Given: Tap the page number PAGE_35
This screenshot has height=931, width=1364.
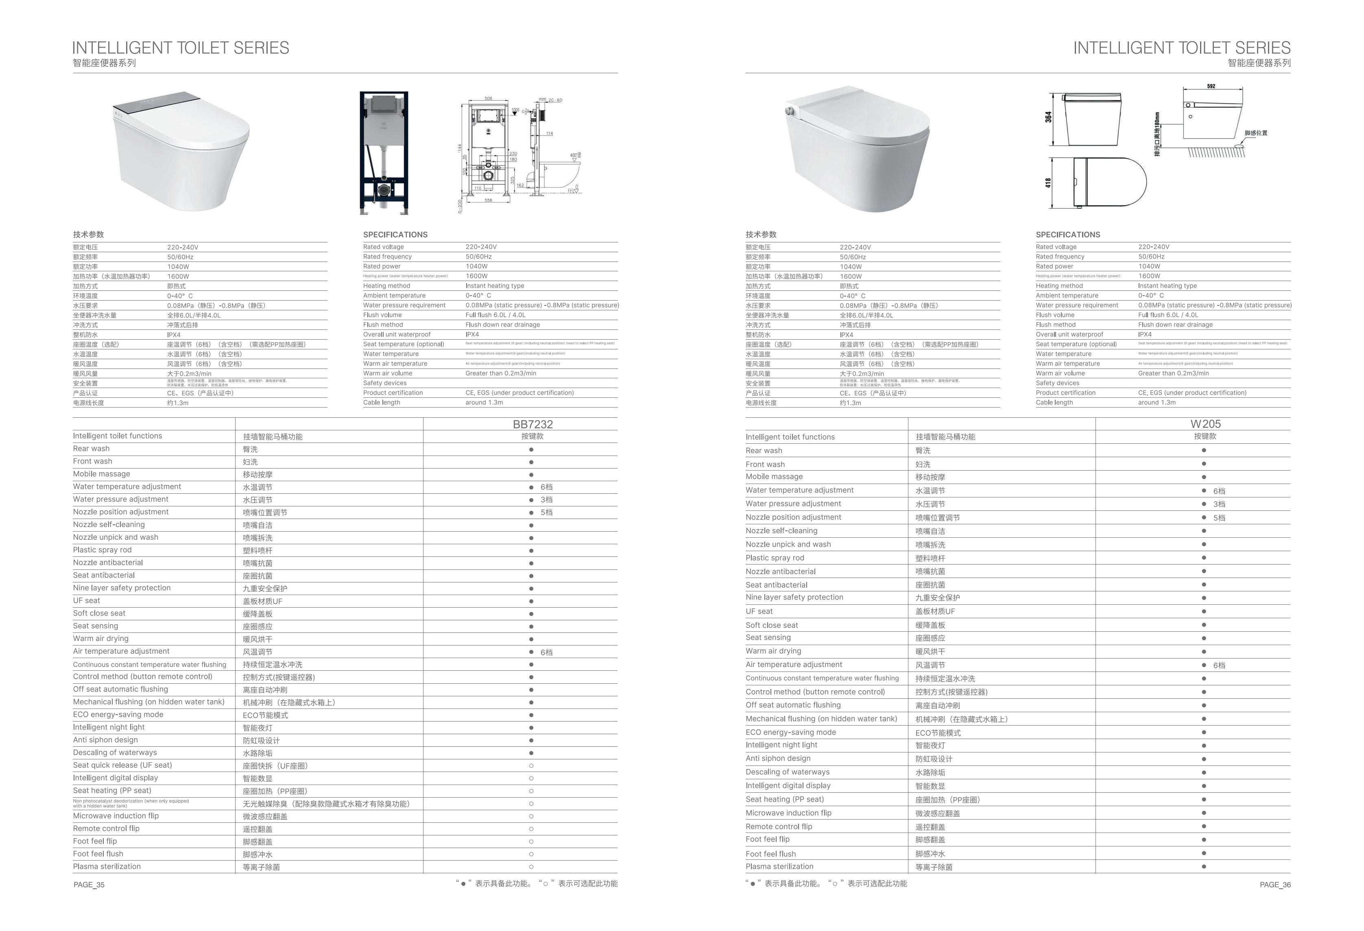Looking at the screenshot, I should tap(89, 885).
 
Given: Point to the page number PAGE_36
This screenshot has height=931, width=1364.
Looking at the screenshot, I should tap(1275, 885).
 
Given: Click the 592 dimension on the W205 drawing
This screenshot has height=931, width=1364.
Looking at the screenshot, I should tap(1211, 86).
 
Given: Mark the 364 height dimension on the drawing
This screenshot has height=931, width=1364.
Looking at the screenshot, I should tap(1048, 117).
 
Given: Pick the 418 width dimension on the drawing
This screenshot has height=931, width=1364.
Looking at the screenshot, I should tap(1048, 183).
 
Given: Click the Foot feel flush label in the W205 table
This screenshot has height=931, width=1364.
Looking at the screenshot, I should tap(770, 854).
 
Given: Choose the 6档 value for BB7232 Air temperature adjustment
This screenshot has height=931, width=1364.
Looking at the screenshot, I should tap(546, 652).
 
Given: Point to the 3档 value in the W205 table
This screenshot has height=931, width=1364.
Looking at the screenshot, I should tap(1219, 504).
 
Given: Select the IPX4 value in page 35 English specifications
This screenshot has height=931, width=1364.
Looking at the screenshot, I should tap(472, 334).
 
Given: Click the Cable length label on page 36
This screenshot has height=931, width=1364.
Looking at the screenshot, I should tap(1054, 402).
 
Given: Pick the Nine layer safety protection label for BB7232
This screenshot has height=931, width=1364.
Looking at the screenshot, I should tap(122, 588).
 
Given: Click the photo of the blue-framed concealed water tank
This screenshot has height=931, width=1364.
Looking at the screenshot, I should tap(384, 153).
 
